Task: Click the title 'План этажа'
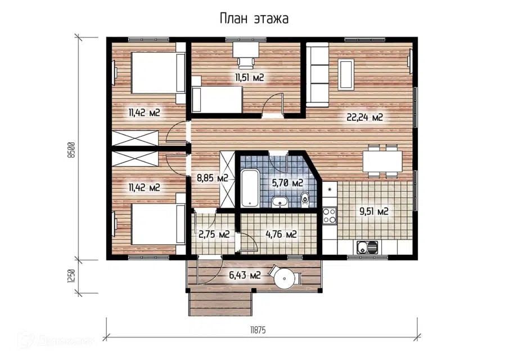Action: click(x=254, y=19)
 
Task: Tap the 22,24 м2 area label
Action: click(x=365, y=117)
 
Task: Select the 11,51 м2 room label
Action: click(x=249, y=77)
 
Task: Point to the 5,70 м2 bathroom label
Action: click(x=287, y=183)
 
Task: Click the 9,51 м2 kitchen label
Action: click(x=373, y=211)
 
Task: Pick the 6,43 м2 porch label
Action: click(x=245, y=276)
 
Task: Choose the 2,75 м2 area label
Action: click(x=214, y=234)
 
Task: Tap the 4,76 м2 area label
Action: click(x=281, y=234)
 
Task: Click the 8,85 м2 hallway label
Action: click(x=213, y=178)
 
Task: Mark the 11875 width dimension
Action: click(x=258, y=330)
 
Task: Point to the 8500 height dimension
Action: click(x=71, y=150)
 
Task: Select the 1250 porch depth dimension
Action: click(x=71, y=276)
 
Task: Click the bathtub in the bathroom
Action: click(x=250, y=188)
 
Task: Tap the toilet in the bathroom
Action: click(x=304, y=199)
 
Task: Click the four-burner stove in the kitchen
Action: click(x=330, y=215)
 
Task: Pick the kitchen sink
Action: click(x=367, y=247)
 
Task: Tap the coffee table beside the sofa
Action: click(x=346, y=74)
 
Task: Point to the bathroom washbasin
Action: click(x=279, y=201)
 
